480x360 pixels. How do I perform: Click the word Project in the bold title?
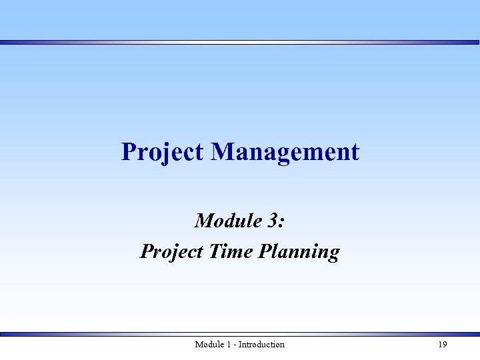click(x=162, y=152)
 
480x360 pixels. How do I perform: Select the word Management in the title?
click(x=285, y=152)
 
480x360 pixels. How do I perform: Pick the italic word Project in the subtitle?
click(x=171, y=252)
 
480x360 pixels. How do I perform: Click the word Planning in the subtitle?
click(x=298, y=252)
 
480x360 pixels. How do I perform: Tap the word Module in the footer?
click(x=209, y=345)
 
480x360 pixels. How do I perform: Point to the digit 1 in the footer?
click(x=229, y=345)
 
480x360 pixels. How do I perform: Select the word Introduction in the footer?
click(x=261, y=345)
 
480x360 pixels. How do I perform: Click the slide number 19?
click(x=442, y=345)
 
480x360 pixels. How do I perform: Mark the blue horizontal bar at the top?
click(x=240, y=42)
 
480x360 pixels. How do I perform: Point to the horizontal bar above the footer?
click(x=240, y=334)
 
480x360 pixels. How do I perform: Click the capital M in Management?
click(x=224, y=152)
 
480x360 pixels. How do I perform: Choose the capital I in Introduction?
click(x=241, y=345)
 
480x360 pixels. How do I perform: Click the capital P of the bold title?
click(x=129, y=152)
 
